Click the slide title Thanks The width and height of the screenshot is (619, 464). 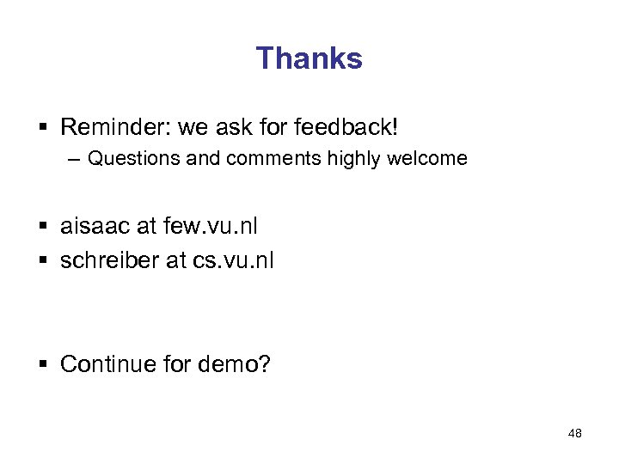[309, 58]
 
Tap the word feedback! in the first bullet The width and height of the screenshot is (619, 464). [346, 128]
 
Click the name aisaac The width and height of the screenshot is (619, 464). [95, 227]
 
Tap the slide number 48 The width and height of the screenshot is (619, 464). [575, 434]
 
